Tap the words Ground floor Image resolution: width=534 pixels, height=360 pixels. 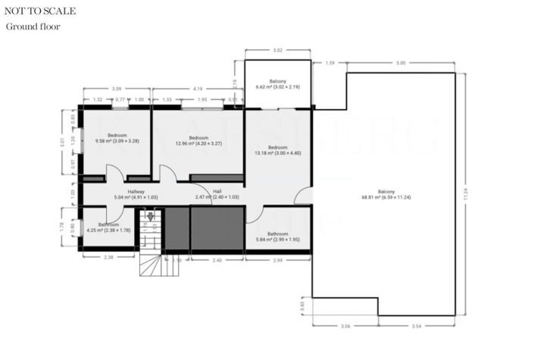(33, 27)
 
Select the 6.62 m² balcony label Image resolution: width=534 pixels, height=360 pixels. (277, 84)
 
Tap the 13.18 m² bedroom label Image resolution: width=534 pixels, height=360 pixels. (277, 150)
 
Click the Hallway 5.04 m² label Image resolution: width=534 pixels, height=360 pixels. (136, 195)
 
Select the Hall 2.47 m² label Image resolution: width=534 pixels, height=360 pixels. (217, 195)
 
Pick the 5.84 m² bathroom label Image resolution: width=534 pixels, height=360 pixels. (277, 237)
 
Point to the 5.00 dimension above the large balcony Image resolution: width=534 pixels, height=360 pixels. (401, 63)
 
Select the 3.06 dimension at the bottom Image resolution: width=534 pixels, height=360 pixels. (345, 325)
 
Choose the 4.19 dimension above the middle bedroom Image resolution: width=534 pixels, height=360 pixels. (198, 89)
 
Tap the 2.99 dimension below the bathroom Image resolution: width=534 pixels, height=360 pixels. (277, 260)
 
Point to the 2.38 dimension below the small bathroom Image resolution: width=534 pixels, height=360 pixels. (108, 258)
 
